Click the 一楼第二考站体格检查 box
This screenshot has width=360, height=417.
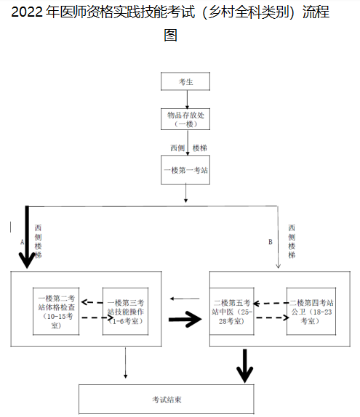click(x=57, y=312)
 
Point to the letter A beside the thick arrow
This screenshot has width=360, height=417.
click(x=23, y=240)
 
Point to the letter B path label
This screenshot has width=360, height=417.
click(x=270, y=240)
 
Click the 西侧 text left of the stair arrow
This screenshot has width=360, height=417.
click(x=177, y=148)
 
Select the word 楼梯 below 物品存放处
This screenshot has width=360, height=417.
click(x=199, y=148)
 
